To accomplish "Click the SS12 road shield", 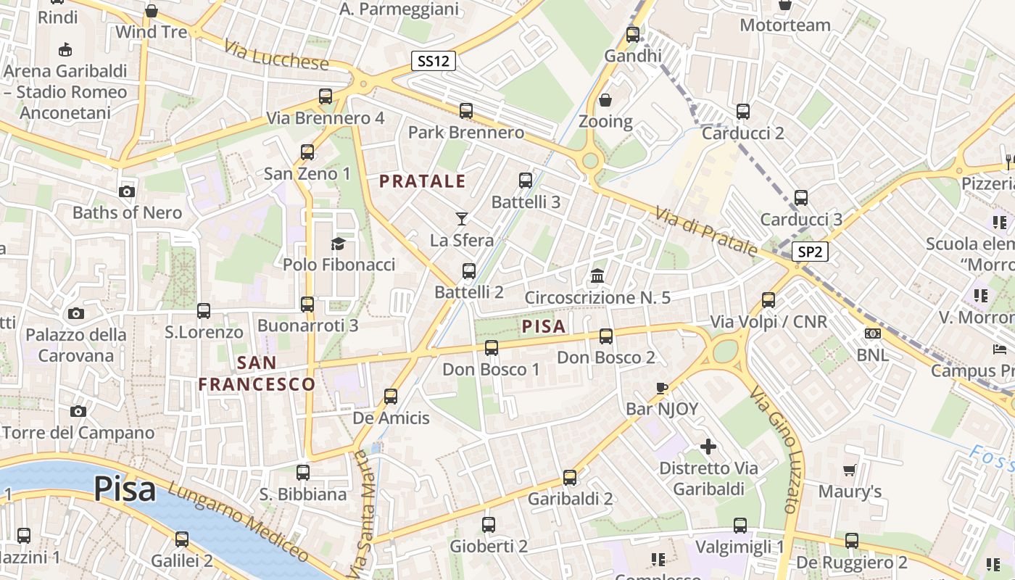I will [434, 61].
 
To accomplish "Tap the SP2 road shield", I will [810, 252].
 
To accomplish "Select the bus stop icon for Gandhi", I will [633, 34].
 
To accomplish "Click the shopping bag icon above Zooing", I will [605, 100].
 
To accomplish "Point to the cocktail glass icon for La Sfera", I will [462, 218].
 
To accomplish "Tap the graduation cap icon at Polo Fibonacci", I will [339, 243].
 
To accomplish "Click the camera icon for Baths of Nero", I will [127, 191].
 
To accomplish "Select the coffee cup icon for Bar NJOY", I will [661, 388].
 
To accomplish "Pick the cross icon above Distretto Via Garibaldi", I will [708, 447].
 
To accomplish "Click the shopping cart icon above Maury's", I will [850, 471].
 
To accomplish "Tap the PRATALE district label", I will [423, 181].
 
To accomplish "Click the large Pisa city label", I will [124, 489].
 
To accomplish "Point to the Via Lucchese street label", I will [276, 57].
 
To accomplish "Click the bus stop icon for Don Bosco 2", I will [606, 336].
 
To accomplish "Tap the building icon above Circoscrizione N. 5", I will [597, 275].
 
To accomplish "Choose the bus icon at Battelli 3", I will [526, 181].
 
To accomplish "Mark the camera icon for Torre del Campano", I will [78, 411].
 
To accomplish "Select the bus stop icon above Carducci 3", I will [801, 198].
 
